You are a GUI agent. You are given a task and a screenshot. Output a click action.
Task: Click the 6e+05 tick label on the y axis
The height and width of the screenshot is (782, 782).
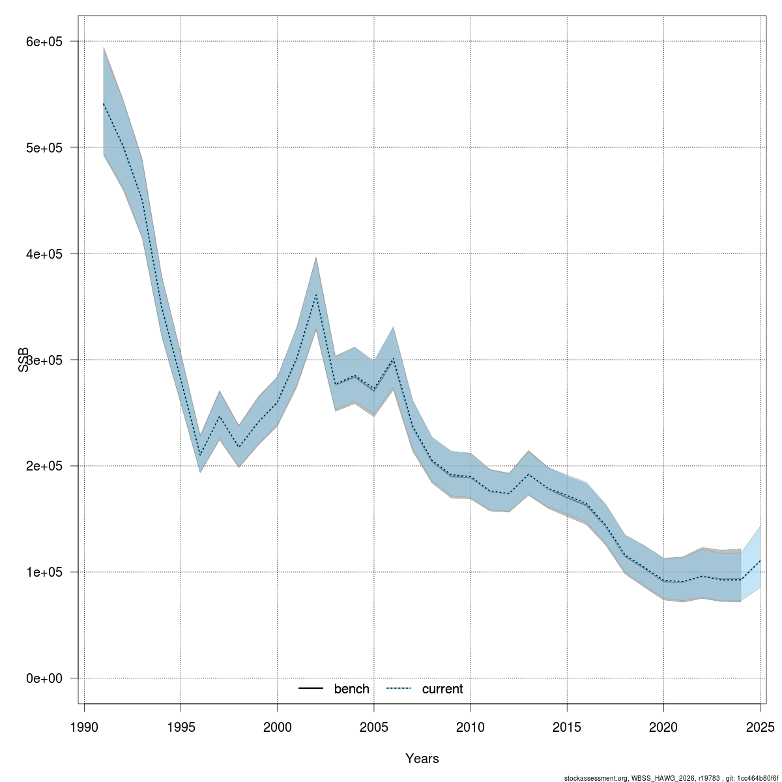pyautogui.click(x=43, y=42)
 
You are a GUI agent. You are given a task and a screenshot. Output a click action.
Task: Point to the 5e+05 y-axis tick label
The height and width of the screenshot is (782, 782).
pyautogui.click(x=43, y=148)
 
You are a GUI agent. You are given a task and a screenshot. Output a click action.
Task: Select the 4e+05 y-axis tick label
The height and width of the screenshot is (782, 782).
pyautogui.click(x=43, y=254)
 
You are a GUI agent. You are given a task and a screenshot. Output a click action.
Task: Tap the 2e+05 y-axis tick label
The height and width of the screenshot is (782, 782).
pyautogui.click(x=43, y=467)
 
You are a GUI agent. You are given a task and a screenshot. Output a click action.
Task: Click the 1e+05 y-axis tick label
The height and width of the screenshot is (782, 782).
pyautogui.click(x=43, y=572)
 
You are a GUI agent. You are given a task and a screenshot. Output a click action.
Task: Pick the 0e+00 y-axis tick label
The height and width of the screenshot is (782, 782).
pyautogui.click(x=43, y=678)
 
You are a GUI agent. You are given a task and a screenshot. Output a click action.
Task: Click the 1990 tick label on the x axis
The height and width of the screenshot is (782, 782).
pyautogui.click(x=84, y=727)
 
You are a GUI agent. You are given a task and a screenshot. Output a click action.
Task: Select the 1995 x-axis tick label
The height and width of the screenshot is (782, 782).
pyautogui.click(x=181, y=727)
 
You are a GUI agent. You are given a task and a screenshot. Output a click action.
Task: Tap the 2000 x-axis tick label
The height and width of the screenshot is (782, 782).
pyautogui.click(x=278, y=727)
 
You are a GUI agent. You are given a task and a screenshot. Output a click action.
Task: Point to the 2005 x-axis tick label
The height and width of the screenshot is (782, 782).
pyautogui.click(x=374, y=727)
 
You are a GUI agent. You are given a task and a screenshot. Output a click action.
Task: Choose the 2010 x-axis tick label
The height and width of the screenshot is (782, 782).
pyautogui.click(x=471, y=727)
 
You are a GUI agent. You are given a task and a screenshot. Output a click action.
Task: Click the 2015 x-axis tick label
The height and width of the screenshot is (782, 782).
pyautogui.click(x=567, y=727)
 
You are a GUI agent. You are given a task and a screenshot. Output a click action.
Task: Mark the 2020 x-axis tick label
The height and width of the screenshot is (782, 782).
pyautogui.click(x=663, y=727)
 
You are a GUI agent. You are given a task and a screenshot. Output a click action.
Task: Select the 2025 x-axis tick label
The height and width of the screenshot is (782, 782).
pyautogui.click(x=760, y=727)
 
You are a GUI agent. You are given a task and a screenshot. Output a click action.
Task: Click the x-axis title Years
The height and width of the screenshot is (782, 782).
pyautogui.click(x=422, y=759)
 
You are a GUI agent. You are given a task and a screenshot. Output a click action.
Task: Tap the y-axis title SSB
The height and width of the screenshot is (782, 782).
pyautogui.click(x=24, y=359)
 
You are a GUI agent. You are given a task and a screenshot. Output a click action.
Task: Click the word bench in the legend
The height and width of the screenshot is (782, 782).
pyautogui.click(x=351, y=689)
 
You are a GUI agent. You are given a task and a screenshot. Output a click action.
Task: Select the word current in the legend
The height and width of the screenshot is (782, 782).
pyautogui.click(x=442, y=689)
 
